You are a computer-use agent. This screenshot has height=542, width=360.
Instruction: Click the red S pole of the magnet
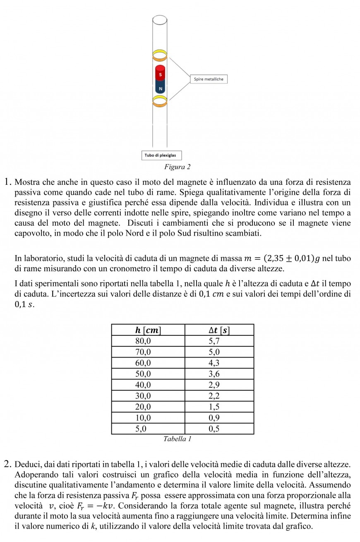click(160, 74)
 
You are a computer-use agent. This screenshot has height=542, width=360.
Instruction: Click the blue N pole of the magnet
click(160, 87)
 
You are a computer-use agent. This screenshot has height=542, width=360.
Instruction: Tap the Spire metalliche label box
click(209, 79)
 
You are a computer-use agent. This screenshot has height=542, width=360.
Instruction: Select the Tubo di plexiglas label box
click(161, 155)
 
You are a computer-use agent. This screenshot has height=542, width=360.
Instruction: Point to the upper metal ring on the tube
click(160, 55)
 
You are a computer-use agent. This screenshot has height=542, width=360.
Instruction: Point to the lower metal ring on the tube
click(160, 101)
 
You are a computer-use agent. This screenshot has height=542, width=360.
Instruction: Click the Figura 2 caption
click(177, 167)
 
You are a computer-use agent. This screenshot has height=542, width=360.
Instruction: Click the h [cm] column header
click(148, 330)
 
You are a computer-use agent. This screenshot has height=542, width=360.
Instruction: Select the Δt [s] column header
click(219, 330)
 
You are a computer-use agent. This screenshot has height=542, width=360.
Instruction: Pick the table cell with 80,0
click(143, 341)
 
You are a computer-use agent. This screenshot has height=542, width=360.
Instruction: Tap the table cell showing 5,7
click(214, 341)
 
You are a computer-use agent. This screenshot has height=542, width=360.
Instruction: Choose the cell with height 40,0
click(143, 385)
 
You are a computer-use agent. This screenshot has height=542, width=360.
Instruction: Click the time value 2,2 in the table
click(214, 396)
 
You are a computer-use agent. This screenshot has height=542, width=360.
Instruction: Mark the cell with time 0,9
click(214, 418)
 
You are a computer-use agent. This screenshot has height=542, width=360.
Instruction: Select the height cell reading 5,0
click(141, 429)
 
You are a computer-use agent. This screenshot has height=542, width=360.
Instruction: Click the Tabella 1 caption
click(177, 439)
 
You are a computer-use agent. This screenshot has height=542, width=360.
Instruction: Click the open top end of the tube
click(160, 19)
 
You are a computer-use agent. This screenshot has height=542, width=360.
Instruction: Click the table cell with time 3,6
click(214, 374)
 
